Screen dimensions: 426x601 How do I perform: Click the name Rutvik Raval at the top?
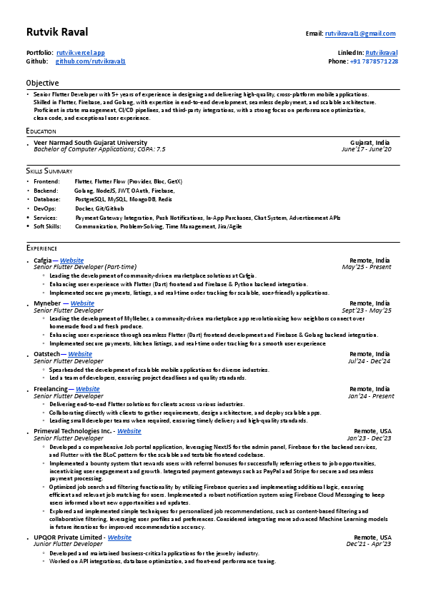click(57, 33)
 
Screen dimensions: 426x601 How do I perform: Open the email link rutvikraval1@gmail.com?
click(360, 34)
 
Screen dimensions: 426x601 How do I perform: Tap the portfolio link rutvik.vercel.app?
click(81, 53)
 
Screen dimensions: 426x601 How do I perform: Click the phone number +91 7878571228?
click(374, 61)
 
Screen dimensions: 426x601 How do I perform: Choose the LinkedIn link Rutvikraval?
click(382, 53)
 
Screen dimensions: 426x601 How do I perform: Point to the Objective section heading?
click(42, 84)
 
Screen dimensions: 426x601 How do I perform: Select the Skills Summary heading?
click(49, 171)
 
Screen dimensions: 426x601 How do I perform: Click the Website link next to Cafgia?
click(71, 261)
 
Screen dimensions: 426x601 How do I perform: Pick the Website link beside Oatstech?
click(80, 353)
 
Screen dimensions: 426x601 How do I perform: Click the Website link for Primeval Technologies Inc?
click(129, 431)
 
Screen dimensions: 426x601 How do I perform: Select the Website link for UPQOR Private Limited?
click(119, 537)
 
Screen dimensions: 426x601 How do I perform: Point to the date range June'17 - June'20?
click(366, 149)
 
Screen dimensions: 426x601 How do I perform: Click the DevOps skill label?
click(45, 208)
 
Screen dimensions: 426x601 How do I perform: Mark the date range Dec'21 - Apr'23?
click(369, 544)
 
